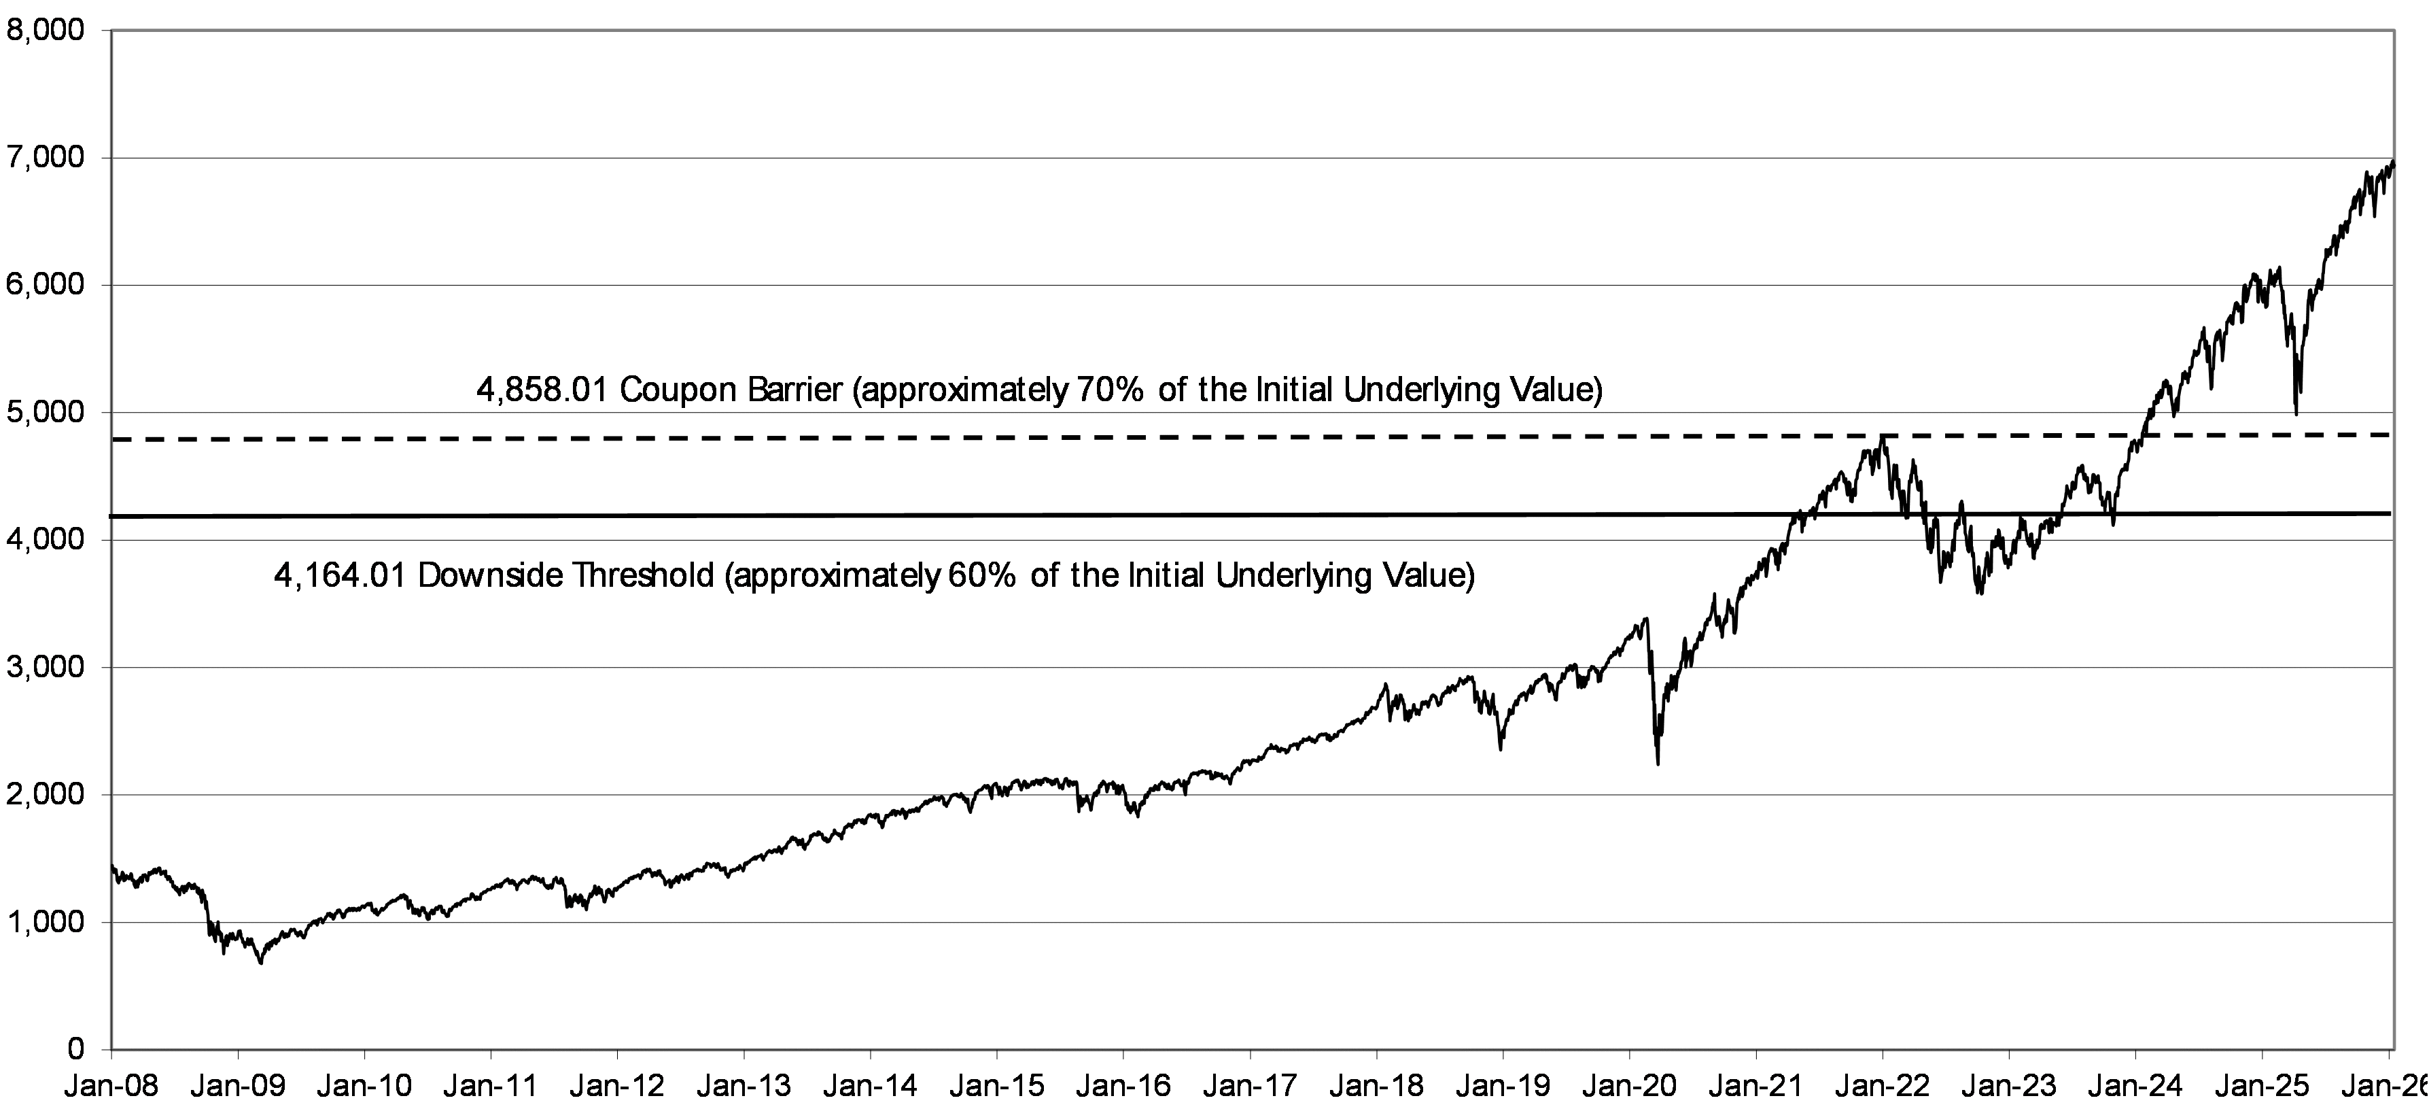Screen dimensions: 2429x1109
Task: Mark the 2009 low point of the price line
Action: point(260,963)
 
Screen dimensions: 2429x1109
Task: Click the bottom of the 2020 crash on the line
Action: point(1658,764)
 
